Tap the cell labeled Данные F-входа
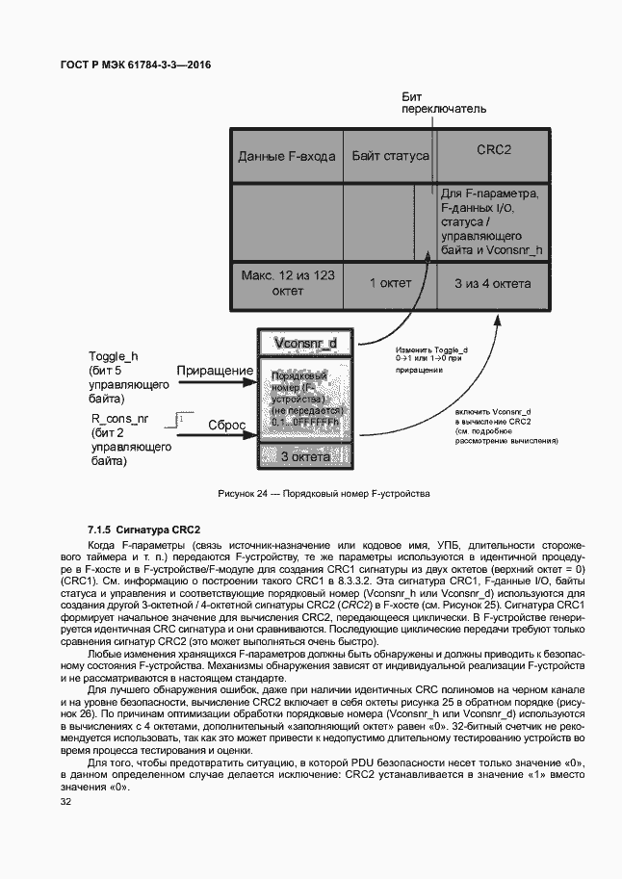pyautogui.click(x=287, y=154)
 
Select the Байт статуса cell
pyautogui.click(x=390, y=154)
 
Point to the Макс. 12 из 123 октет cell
pyautogui.click(x=287, y=282)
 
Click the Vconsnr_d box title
pyautogui.click(x=305, y=343)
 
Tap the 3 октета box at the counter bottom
pyautogui.click(x=305, y=457)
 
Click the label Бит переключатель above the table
pyautogui.click(x=437, y=103)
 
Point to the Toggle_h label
pyautogui.click(x=113, y=356)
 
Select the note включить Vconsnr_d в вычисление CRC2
pyautogui.click(x=506, y=426)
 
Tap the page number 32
pyautogui.click(x=65, y=801)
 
